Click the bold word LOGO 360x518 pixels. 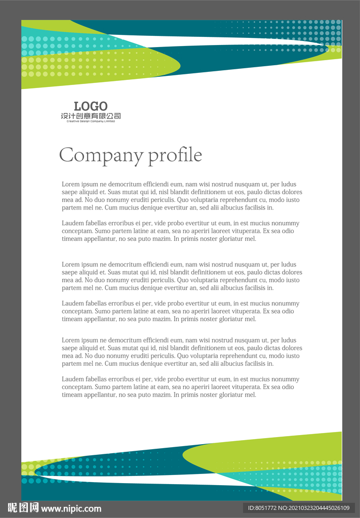click(91, 106)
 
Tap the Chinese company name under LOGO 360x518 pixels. click(91, 116)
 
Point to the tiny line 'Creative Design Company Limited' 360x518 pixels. click(91, 121)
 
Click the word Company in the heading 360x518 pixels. click(101, 155)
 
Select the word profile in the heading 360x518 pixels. click(175, 155)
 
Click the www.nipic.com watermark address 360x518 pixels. click(71, 508)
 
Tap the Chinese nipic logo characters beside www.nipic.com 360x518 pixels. click(23, 508)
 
